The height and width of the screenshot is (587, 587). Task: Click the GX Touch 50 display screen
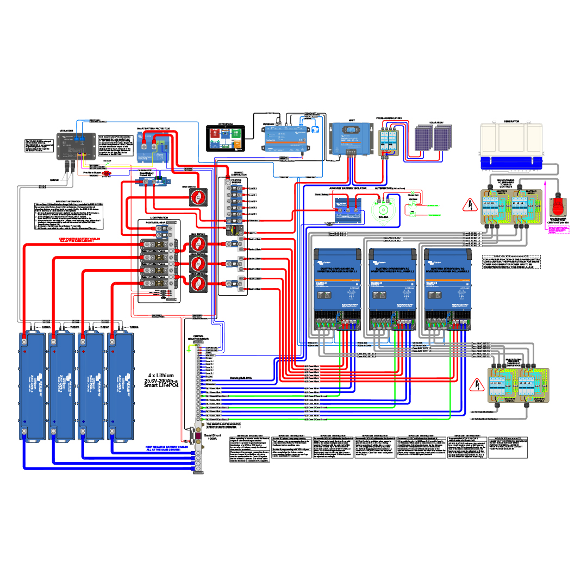tap(226, 138)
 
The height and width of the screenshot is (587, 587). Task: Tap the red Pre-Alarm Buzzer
tap(107, 173)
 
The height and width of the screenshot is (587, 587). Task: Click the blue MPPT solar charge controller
tap(351, 139)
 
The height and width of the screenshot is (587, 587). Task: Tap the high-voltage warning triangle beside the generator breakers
tap(469, 206)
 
